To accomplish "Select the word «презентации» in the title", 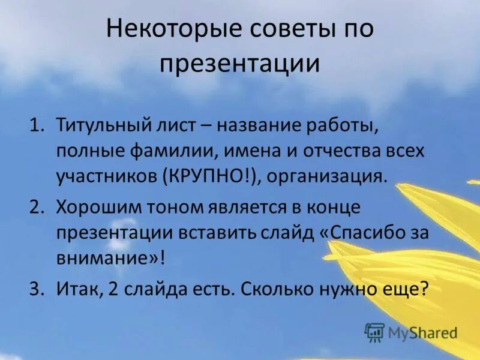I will coord(240,64).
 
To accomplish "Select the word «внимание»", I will coord(106,259).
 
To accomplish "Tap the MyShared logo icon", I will coord(374,332).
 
